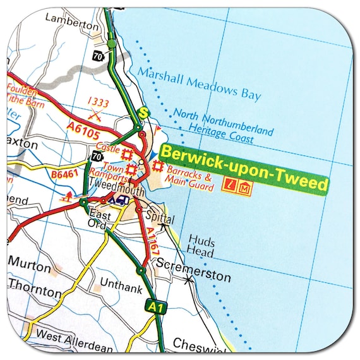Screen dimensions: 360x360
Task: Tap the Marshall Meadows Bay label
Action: [x=199, y=83]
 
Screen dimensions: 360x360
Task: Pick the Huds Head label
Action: [x=201, y=247]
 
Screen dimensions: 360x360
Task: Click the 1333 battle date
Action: [x=98, y=102]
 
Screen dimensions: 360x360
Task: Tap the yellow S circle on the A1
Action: [x=143, y=112]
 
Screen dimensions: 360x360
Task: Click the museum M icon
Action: [x=245, y=187]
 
